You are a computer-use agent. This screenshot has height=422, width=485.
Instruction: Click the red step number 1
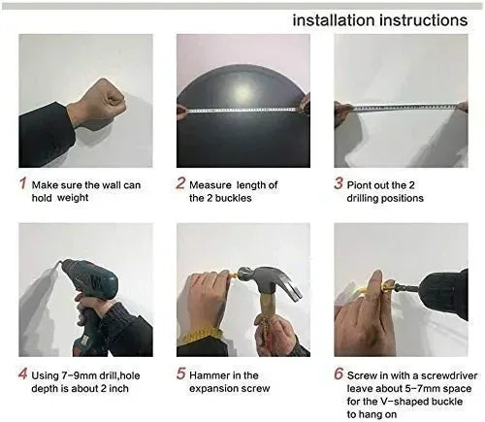pyautogui.click(x=23, y=183)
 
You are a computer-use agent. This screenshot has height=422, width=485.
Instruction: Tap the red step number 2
pyautogui.click(x=180, y=183)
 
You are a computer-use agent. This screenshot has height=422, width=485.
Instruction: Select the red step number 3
pyautogui.click(x=339, y=183)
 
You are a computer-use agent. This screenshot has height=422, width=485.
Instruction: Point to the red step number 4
pyautogui.click(x=23, y=373)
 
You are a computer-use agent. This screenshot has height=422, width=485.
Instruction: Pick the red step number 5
pyautogui.click(x=180, y=373)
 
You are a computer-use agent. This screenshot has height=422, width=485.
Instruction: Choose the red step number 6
pyautogui.click(x=339, y=373)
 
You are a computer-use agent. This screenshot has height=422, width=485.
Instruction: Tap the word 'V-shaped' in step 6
pyautogui.click(x=397, y=401)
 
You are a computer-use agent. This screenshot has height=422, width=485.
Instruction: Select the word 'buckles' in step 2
pyautogui.click(x=237, y=198)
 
